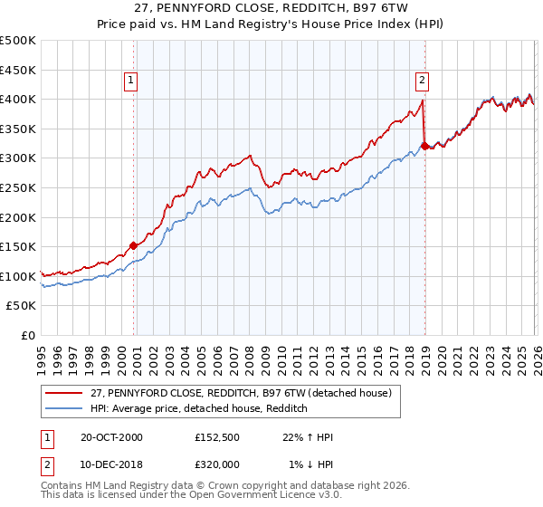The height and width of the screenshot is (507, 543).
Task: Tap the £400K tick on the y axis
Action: point(18,99)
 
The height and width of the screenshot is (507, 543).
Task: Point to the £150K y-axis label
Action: point(18,246)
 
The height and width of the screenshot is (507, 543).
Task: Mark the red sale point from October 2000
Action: point(134,244)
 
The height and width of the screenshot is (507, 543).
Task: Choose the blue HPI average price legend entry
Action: point(199,409)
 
